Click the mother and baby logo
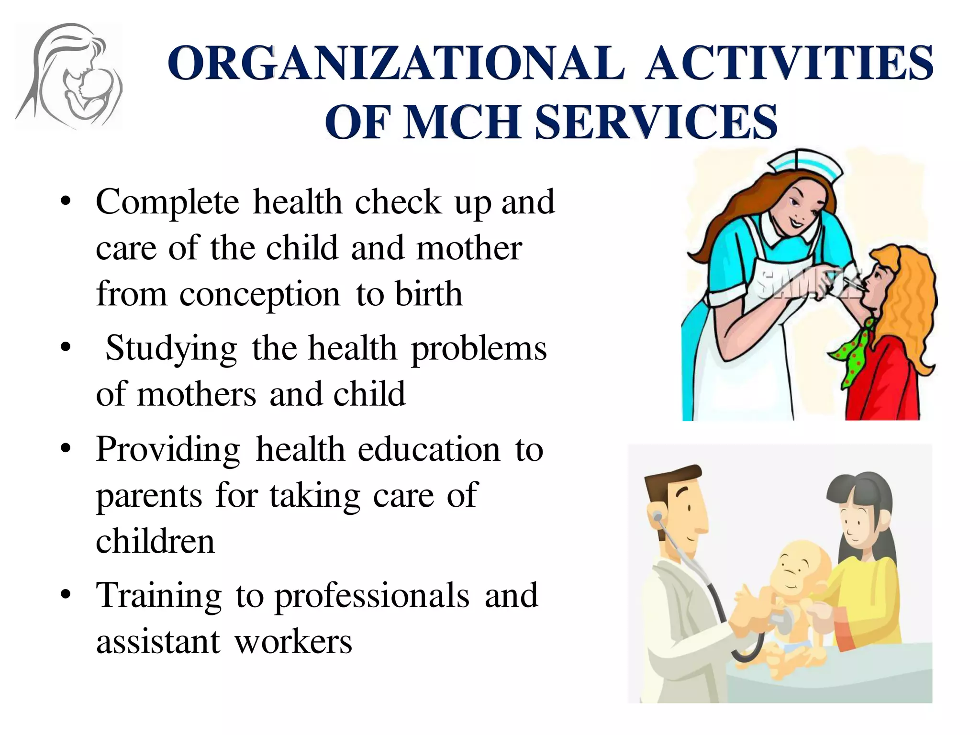69,77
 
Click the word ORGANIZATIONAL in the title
396,63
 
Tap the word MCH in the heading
462,122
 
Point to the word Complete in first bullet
167,202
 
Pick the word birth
429,294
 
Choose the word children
156,542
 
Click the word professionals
372,596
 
